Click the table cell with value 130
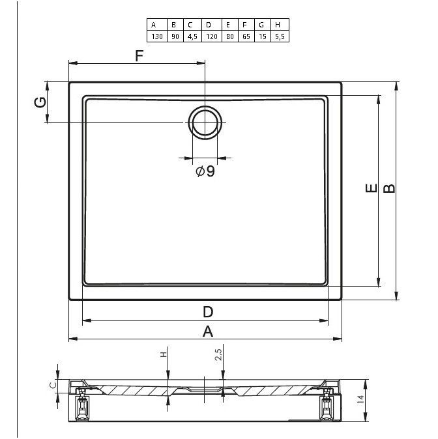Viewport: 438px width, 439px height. click(x=157, y=36)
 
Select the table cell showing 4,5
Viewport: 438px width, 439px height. click(x=192, y=36)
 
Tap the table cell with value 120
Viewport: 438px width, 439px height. click(x=212, y=36)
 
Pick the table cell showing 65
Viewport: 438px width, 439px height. click(x=246, y=36)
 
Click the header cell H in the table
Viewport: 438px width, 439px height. click(x=280, y=25)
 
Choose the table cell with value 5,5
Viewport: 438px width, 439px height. click(x=280, y=36)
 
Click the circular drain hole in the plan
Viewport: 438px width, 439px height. click(x=205, y=122)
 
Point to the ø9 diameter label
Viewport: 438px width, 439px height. click(x=205, y=171)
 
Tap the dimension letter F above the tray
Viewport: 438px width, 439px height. click(x=139, y=56)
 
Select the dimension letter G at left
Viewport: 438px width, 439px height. click(x=40, y=102)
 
